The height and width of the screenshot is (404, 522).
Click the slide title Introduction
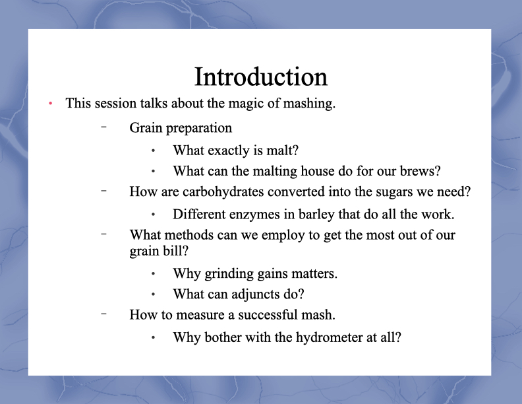(261, 77)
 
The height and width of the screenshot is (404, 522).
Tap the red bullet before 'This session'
(50, 104)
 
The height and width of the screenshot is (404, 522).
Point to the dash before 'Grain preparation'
(104, 127)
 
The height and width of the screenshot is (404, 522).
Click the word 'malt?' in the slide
(282, 151)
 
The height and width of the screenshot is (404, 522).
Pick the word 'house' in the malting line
(318, 171)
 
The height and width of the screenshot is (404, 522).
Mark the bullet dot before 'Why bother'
(153, 338)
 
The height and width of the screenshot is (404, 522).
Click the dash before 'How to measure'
(104, 314)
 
